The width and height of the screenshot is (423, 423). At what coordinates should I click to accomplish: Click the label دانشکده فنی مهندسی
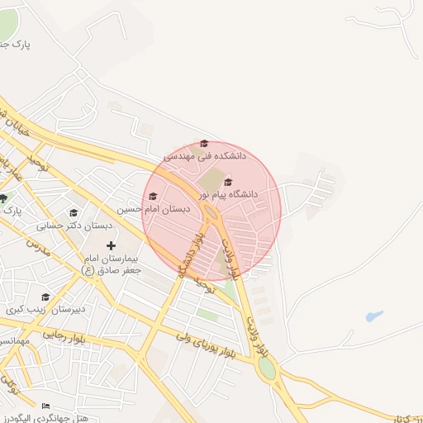[x=205, y=155]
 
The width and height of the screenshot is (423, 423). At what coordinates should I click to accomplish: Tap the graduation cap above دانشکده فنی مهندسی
[x=205, y=144]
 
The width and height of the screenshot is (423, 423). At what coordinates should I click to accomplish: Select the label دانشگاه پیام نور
[x=224, y=194]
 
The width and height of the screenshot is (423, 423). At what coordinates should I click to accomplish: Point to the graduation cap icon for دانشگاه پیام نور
[x=228, y=183]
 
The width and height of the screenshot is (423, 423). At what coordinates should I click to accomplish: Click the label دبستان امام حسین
[x=153, y=209]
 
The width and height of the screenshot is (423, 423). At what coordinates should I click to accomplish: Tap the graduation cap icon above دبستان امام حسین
[x=153, y=197]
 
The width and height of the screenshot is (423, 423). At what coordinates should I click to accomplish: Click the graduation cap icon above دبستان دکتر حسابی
[x=74, y=213]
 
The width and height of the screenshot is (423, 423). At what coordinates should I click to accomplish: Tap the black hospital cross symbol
[x=112, y=245]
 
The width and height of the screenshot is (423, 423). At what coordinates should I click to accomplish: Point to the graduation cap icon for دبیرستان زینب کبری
[x=45, y=297]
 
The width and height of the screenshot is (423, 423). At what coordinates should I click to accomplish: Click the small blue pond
[x=374, y=316]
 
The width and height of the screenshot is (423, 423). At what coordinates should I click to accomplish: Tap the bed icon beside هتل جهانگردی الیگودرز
[x=45, y=406]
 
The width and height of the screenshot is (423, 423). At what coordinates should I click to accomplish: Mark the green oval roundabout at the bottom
[x=267, y=368]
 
